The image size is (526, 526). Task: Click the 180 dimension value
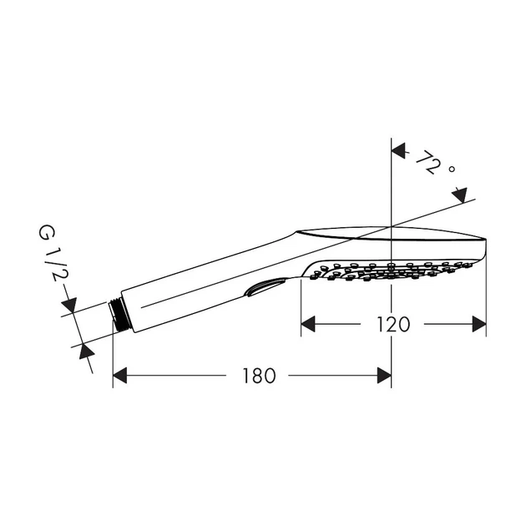(x=259, y=376)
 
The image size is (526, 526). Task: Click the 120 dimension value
(x=393, y=324)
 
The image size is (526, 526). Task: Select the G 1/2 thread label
(x=53, y=253)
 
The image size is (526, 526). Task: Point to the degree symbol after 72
(x=452, y=169)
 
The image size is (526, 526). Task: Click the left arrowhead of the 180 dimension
(x=119, y=376)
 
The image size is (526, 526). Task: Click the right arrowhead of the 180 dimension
(x=384, y=376)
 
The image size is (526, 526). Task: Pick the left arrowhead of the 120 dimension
(x=308, y=324)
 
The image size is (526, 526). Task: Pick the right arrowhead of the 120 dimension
(x=479, y=324)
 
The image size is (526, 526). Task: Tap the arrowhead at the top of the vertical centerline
(x=398, y=150)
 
